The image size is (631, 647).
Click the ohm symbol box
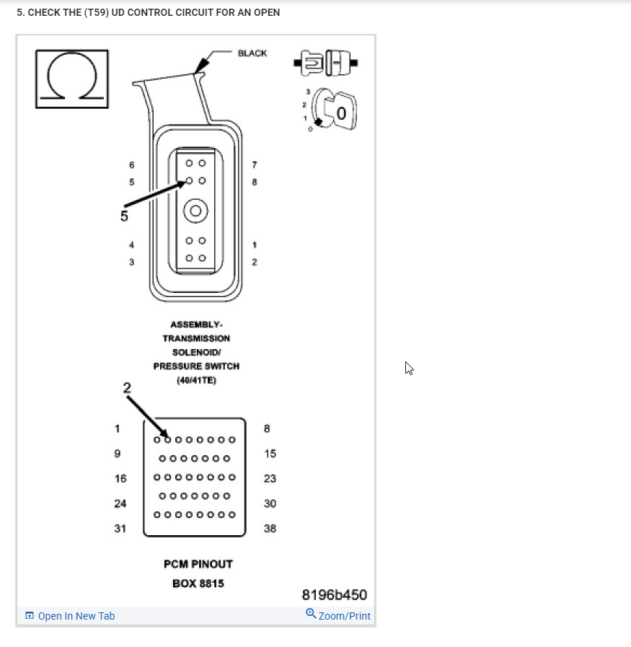click(71, 79)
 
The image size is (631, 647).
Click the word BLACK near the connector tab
click(252, 53)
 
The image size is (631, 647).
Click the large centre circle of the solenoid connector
click(195, 211)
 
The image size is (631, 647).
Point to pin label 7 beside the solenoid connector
click(254, 165)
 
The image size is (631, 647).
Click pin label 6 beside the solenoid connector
click(131, 165)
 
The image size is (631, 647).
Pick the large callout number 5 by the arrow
click(124, 216)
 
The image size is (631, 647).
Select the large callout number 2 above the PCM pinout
click(127, 387)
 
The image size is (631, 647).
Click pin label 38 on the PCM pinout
click(270, 529)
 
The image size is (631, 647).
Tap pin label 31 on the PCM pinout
click(120, 529)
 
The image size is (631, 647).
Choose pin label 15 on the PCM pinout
click(270, 454)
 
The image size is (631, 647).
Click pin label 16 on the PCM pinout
click(120, 479)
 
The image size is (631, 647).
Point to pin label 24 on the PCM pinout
click(120, 503)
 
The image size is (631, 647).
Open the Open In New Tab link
click(76, 616)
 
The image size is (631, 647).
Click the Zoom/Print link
click(344, 616)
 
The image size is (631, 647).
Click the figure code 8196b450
click(334, 595)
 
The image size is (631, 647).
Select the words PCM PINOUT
click(198, 564)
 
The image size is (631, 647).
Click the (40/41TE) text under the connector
click(196, 380)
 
